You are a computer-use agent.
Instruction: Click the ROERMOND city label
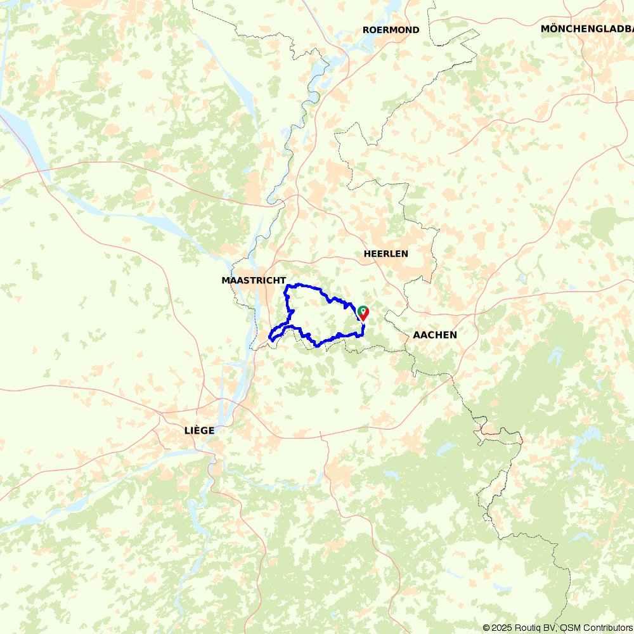(391, 30)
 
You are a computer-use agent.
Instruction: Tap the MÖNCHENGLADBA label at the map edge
(586, 29)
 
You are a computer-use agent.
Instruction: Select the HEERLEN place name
(385, 254)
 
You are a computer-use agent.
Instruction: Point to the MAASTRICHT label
(254, 280)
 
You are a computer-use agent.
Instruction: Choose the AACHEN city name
(434, 335)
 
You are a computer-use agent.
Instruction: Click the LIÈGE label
(199, 430)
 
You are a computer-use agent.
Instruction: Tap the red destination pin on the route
(364, 313)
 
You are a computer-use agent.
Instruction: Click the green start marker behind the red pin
(361, 310)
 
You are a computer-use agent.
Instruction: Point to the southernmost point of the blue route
(317, 346)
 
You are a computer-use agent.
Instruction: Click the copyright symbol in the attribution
(486, 628)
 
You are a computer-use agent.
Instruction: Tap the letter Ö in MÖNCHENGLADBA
(553, 29)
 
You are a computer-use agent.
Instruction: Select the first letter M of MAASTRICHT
(225, 280)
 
